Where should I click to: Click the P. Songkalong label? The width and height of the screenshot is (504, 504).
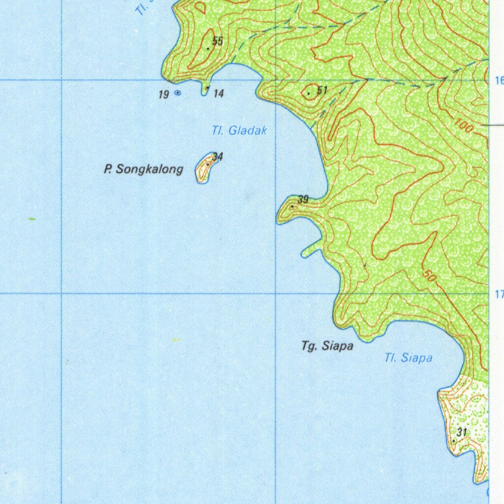click(x=143, y=169)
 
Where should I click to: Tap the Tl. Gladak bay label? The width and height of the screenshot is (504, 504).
click(x=239, y=131)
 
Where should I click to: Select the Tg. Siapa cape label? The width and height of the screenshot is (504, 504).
click(x=327, y=346)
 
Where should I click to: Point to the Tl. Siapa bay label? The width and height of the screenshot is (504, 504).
click(x=408, y=358)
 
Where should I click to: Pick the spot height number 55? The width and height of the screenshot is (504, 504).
click(x=218, y=41)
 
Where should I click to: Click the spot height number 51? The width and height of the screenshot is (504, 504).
click(x=322, y=90)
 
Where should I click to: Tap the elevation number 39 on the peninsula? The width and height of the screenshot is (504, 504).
click(x=303, y=199)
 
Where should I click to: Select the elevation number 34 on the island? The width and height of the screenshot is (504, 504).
click(x=218, y=157)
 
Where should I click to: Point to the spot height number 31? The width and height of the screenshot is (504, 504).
click(x=462, y=432)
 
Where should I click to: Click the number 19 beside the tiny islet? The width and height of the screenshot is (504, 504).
click(x=164, y=94)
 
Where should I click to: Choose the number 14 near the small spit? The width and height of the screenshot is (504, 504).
click(x=219, y=94)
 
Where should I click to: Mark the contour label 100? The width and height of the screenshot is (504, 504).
click(x=463, y=127)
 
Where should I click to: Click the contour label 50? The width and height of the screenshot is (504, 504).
click(x=429, y=276)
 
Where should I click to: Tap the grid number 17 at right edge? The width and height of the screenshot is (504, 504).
click(x=499, y=295)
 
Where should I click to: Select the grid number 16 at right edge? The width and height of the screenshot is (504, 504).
click(x=500, y=81)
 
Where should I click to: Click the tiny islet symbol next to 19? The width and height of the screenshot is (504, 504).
click(x=178, y=93)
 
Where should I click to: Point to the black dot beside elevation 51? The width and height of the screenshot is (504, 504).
click(x=309, y=93)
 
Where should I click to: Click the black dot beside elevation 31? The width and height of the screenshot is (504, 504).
click(x=453, y=441)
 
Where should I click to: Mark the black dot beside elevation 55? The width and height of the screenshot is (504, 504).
click(x=209, y=48)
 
